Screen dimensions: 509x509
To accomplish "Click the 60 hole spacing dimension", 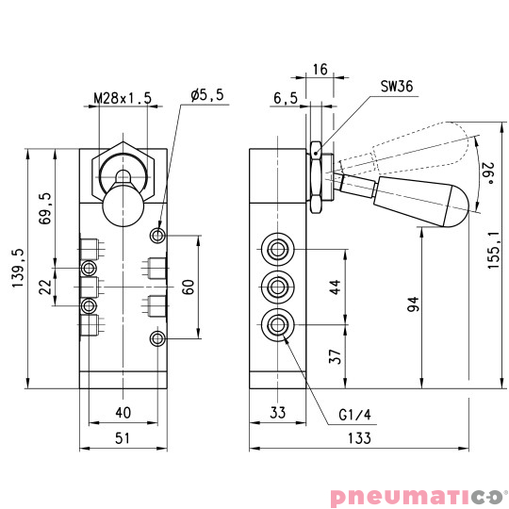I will point(189,286).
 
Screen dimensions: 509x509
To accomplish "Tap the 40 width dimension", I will point(123,411).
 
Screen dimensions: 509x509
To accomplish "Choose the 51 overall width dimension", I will point(123,438).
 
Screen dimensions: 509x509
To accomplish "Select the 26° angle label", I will point(489,173).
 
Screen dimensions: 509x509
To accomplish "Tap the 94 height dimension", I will point(412,304).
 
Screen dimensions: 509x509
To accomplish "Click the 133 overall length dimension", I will point(358,438).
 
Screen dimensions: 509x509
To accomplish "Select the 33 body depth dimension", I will point(277,411).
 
